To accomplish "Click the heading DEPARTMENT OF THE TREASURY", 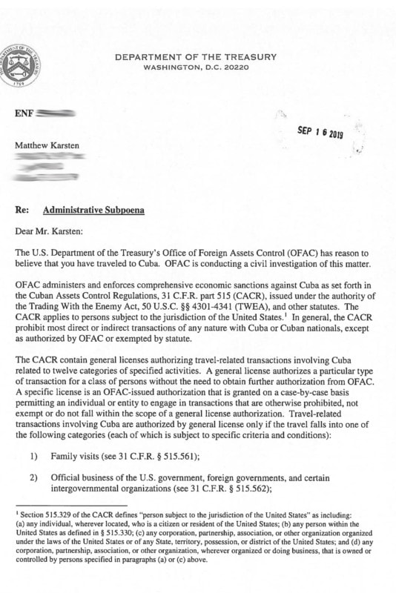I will (197, 56).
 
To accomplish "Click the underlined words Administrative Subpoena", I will (93, 211).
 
